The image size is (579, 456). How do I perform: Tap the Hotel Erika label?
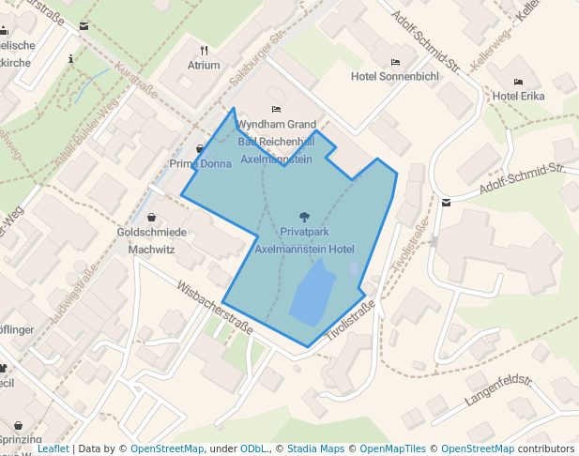click(x=518, y=96)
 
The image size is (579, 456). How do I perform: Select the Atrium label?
click(x=204, y=66)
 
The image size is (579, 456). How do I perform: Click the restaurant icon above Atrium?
click(x=204, y=51)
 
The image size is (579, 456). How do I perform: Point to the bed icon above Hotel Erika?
click(x=518, y=83)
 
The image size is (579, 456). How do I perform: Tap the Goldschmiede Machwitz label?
click(x=152, y=240)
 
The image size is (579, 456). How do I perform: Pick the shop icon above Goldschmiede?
click(x=151, y=218)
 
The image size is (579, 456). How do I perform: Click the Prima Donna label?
click(x=200, y=164)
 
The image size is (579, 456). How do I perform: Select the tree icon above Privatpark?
click(x=303, y=217)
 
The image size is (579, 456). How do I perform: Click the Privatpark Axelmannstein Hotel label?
click(x=304, y=239)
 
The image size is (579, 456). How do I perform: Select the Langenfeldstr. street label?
click(x=498, y=393)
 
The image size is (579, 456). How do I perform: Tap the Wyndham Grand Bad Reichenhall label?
click(x=277, y=142)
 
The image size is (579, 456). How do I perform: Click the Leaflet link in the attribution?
click(x=53, y=448)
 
